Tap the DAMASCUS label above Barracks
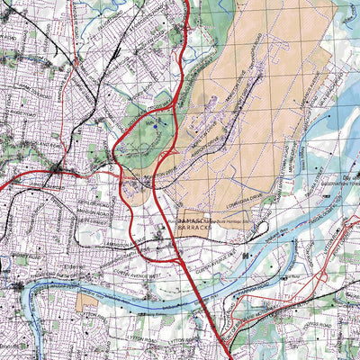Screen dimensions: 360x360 click(193, 220)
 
